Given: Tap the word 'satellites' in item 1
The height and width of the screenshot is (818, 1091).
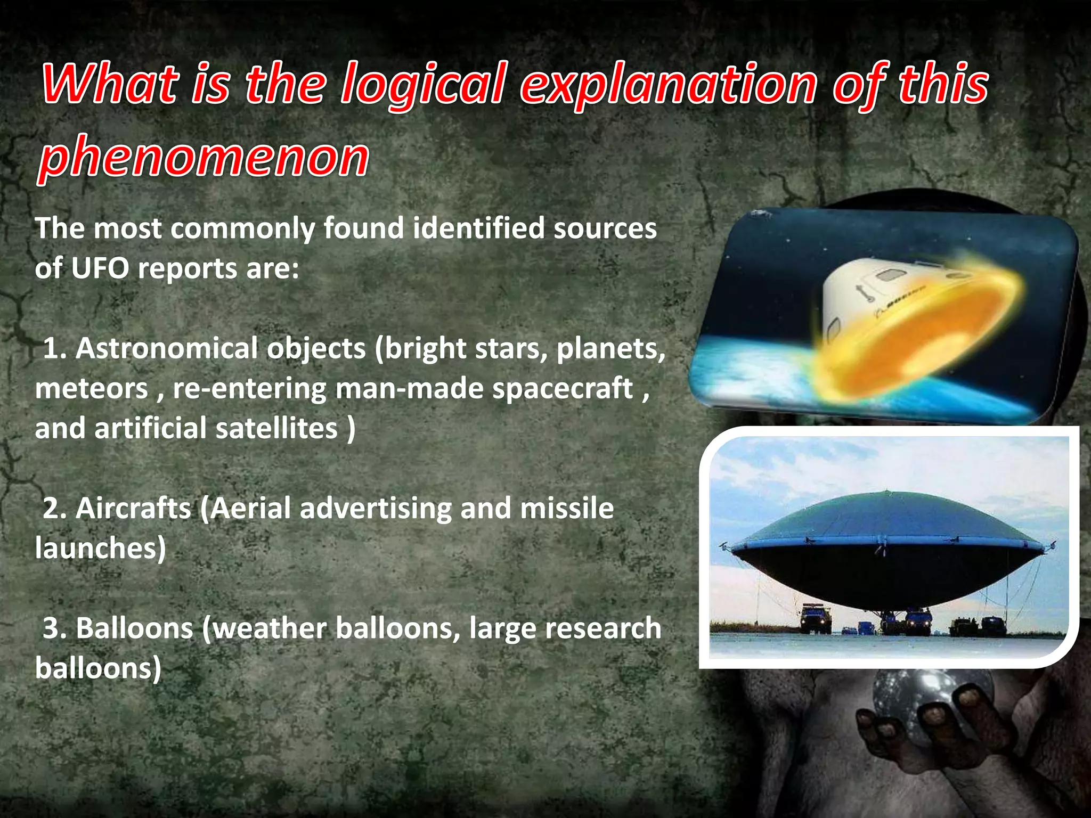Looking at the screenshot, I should click(x=276, y=429).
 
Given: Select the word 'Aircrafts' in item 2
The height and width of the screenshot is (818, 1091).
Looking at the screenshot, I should click(x=133, y=509).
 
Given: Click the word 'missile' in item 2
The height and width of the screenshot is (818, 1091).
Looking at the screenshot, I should click(x=567, y=509).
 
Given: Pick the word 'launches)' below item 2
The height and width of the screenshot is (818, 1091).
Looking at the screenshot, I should click(x=100, y=549).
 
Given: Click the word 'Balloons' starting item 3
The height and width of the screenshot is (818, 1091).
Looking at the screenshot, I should click(x=134, y=628).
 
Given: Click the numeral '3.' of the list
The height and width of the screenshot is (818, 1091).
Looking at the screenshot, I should click(x=55, y=628).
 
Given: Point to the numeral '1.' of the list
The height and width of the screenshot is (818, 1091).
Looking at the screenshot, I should click(x=55, y=349).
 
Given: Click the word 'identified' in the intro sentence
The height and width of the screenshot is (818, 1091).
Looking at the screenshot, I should click(x=479, y=228).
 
